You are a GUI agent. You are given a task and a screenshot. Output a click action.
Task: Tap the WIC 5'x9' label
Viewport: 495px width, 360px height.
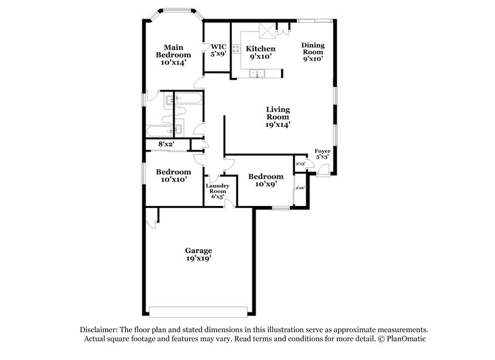218,50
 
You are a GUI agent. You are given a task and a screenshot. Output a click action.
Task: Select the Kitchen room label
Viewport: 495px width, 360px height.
260,53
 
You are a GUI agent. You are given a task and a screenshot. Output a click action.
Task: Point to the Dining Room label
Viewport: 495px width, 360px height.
312,52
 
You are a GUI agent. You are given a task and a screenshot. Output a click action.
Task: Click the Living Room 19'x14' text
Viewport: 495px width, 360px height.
278,116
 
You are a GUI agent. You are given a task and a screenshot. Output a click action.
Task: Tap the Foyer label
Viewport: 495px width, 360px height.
322,154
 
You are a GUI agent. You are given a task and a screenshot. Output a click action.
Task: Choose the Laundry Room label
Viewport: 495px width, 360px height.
218,191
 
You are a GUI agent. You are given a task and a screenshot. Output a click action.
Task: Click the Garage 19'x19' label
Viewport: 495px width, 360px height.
199,254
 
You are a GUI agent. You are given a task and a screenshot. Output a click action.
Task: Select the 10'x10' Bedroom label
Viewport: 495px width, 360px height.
172,176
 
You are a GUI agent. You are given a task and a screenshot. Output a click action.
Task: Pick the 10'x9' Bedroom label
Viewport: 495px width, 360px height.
266,180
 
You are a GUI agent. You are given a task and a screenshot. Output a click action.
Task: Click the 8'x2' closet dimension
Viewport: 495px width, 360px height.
167,144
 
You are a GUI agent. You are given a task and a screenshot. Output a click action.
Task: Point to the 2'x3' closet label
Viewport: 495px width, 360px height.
301,164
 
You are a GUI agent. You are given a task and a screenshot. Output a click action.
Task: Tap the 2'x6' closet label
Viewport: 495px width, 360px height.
301,187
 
